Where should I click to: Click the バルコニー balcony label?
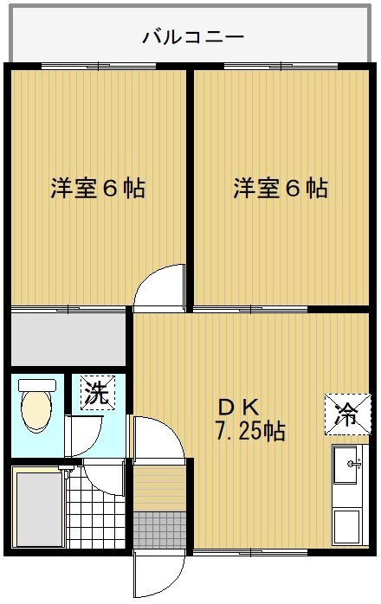[193, 37]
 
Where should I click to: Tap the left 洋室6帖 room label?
[98, 188]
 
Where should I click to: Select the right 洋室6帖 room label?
[281, 188]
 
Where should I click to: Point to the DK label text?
[238, 408]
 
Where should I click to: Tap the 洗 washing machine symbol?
[98, 393]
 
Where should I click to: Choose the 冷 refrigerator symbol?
[347, 414]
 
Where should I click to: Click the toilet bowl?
[36, 411]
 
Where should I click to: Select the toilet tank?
[37, 385]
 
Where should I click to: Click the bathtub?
[39, 509]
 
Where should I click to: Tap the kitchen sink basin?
[345, 465]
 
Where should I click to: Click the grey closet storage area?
[68, 339]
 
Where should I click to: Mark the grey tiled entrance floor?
[159, 530]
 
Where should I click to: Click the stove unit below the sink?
[346, 527]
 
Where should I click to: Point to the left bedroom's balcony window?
[99, 66]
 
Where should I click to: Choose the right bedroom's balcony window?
[281, 66]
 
